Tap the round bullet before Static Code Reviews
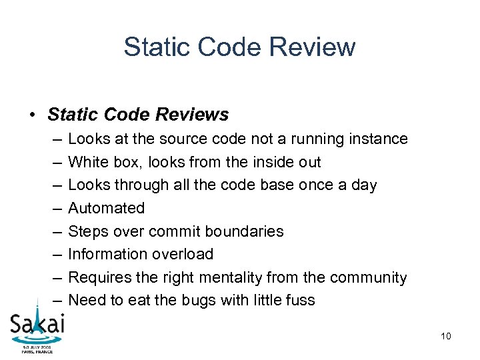33,115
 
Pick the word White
85,162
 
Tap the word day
363,185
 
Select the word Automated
107,208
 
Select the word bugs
198,300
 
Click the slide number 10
446,336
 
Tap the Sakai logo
37,327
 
